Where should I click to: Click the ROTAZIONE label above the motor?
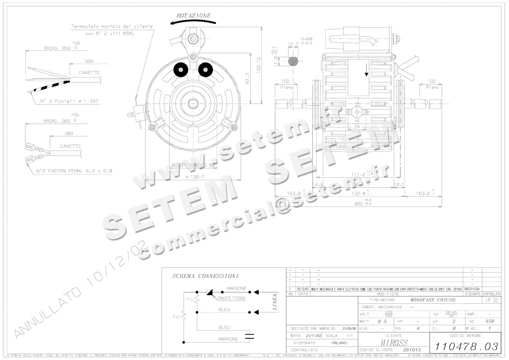[x=194, y=16]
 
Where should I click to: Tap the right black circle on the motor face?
[x=205, y=69]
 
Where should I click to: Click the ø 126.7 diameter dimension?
[x=195, y=177]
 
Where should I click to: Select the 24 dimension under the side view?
[x=357, y=126]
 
